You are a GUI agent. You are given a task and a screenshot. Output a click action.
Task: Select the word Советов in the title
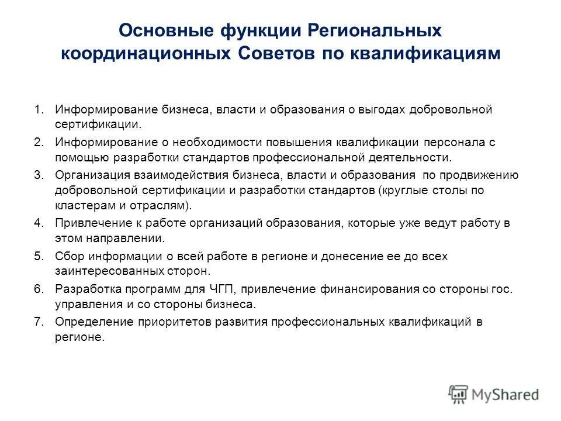point(276,53)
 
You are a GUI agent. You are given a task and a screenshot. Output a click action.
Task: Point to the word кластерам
point(84,206)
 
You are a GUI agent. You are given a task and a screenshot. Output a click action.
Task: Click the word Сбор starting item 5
point(68,256)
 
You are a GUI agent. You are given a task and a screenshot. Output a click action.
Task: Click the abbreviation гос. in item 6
point(503,289)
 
